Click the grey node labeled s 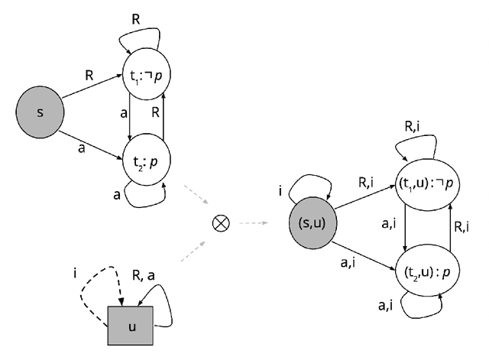tap(40, 112)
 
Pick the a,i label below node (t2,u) tap(385, 306)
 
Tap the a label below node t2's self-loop tap(117, 196)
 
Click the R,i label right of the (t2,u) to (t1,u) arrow tap(463, 227)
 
